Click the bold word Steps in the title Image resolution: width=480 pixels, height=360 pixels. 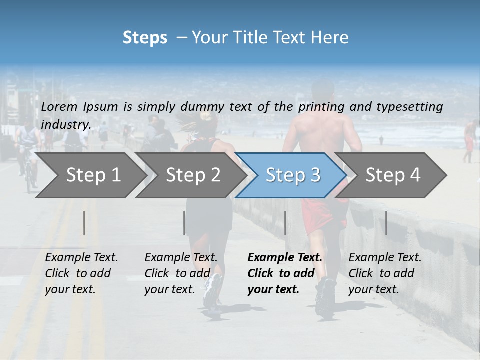145,38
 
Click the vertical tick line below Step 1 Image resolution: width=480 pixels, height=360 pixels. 84,223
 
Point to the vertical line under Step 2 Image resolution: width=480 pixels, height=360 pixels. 184,223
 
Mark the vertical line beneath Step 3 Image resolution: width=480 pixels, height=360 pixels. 285,223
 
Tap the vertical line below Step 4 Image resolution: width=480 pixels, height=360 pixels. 386,223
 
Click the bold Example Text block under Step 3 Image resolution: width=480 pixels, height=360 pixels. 285,273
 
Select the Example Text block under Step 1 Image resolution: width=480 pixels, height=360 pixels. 81,273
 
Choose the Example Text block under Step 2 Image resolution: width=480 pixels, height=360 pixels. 181,273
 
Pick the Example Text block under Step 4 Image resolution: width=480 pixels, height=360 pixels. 385,273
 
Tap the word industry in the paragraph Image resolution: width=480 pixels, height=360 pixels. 65,124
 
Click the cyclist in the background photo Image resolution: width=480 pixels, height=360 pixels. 28,155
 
